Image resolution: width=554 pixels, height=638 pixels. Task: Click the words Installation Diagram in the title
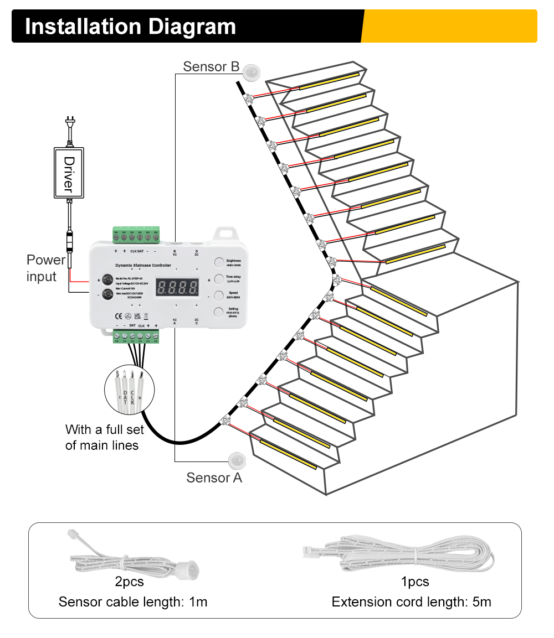(x=131, y=27)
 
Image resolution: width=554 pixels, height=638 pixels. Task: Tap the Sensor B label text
(x=211, y=67)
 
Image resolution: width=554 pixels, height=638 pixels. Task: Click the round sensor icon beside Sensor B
(x=253, y=71)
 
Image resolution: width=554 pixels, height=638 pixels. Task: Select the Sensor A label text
(x=214, y=478)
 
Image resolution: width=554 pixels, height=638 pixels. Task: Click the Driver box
(x=69, y=172)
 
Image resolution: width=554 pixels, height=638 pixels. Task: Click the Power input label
(x=46, y=268)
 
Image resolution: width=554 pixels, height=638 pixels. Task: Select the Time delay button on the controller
(x=219, y=278)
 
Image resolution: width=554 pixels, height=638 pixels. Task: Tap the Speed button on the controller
(x=219, y=295)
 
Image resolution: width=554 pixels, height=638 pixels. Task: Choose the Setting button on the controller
(x=219, y=312)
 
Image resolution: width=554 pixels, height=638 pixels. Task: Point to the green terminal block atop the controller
(x=136, y=235)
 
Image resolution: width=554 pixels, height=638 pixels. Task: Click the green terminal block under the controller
(x=136, y=336)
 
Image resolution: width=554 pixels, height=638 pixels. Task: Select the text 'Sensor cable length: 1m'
(x=133, y=601)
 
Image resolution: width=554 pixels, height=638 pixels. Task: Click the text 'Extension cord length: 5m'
(x=411, y=601)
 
